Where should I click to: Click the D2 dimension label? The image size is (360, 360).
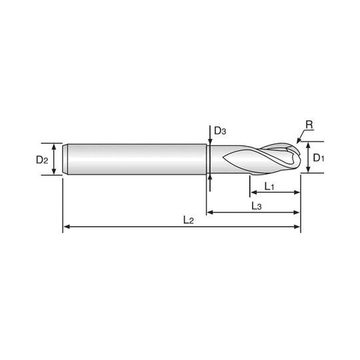[42, 159]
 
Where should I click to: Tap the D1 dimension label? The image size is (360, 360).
[319, 158]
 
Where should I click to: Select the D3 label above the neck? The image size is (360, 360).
[220, 131]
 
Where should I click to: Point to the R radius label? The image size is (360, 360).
[309, 125]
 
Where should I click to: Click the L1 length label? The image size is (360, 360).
[269, 186]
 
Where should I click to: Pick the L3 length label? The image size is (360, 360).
[257, 206]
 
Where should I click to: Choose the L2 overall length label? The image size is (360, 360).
[189, 220]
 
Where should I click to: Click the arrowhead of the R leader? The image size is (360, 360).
[299, 141]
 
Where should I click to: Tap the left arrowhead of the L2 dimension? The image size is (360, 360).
[67, 227]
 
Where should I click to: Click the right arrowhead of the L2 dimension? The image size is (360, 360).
[297, 227]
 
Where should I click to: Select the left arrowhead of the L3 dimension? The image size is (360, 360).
[210, 213]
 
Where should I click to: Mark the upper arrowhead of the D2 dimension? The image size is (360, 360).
[54, 147]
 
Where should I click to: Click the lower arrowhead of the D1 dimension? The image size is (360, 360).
[309, 169]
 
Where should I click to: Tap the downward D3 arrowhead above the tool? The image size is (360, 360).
[210, 142]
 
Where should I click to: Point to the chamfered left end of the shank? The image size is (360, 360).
[65, 159]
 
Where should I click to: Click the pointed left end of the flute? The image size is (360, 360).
[223, 157]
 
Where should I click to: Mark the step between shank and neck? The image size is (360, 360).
[207, 159]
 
